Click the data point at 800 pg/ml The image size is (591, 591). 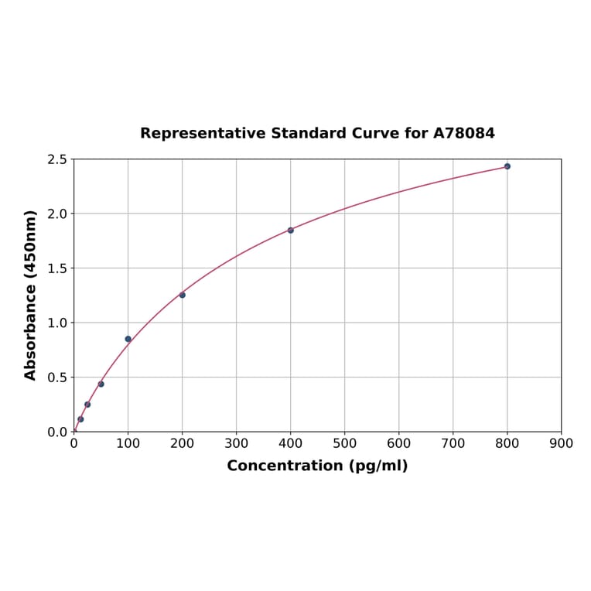pos(507,166)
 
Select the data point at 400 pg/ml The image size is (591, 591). pos(291,231)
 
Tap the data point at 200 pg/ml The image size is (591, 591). pos(183,295)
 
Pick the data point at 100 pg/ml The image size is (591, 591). pos(128,339)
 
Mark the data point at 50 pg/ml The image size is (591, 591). pos(101,384)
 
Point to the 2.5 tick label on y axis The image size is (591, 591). pos(57,159)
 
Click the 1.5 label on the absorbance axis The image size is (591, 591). pos(57,268)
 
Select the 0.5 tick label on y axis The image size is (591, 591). pos(57,377)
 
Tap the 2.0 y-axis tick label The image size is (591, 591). pos(57,214)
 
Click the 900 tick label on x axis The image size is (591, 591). pos(562,444)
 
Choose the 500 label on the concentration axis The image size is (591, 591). pos(345,444)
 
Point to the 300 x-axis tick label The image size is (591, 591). pos(237,444)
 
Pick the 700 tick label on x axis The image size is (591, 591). pos(453,444)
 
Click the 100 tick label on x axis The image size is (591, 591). pos(128,444)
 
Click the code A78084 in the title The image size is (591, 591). pos(464,133)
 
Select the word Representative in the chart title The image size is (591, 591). pos(203,133)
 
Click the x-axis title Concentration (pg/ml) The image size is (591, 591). pos(317,466)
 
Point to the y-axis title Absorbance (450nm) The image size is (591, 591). pos(31,295)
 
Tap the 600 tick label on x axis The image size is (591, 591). pos(399,444)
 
